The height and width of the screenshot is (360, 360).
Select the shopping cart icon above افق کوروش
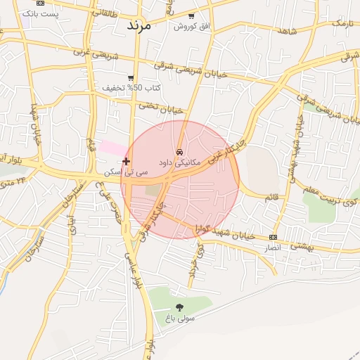(192, 15)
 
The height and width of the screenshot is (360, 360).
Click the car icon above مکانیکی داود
(181, 152)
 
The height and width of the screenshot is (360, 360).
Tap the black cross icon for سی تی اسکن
(126, 162)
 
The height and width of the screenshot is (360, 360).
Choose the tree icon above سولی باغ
(179, 307)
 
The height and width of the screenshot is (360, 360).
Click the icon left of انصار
(273, 237)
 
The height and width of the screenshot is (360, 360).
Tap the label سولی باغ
(180, 319)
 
